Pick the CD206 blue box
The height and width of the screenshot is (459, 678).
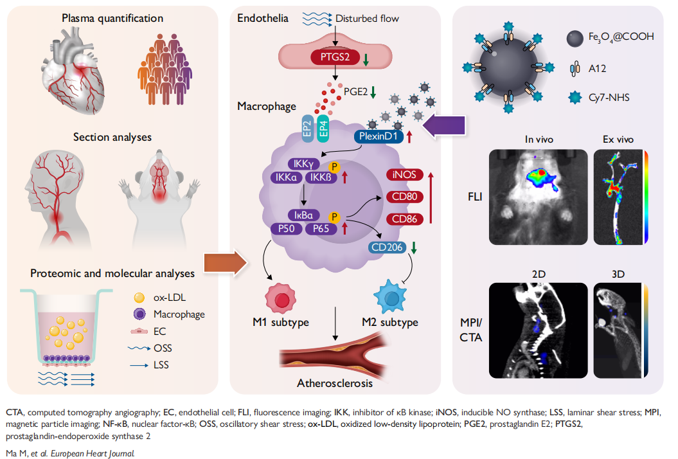(387, 248)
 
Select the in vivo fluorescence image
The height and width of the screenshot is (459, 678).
(539, 195)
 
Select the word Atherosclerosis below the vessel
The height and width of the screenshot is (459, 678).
(334, 384)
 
